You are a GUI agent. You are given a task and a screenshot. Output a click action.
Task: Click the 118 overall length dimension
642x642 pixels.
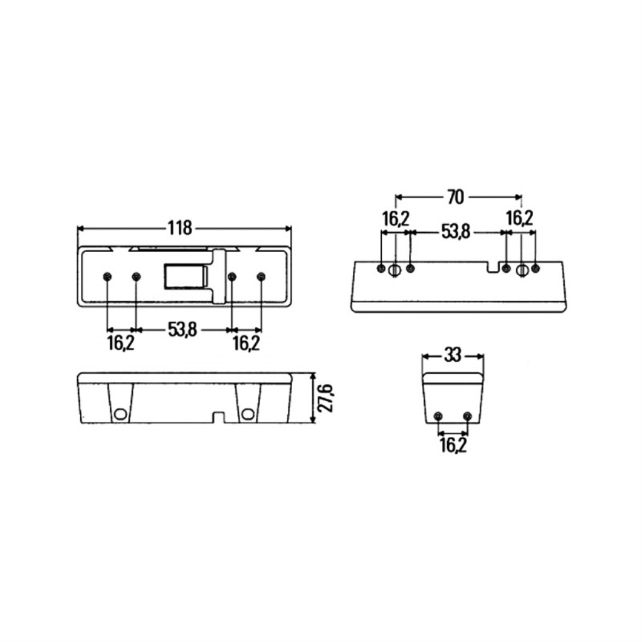(180, 228)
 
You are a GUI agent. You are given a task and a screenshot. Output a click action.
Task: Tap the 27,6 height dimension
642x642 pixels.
(326, 398)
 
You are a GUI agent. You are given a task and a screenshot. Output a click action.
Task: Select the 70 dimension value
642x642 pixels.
(455, 197)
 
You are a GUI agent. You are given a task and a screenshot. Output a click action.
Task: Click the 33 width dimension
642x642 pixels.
(453, 355)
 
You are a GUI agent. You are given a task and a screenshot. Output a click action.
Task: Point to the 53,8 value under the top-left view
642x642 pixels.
(182, 329)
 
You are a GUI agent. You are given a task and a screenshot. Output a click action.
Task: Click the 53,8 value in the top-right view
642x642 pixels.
(456, 232)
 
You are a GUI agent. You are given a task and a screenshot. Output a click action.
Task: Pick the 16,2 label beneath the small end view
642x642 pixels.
(453, 445)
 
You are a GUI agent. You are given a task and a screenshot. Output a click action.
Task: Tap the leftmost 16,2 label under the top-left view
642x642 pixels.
(121, 343)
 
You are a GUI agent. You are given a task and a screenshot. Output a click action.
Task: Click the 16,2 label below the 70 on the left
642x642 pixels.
(396, 219)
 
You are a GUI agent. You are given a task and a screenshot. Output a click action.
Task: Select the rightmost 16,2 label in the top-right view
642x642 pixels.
(520, 218)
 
